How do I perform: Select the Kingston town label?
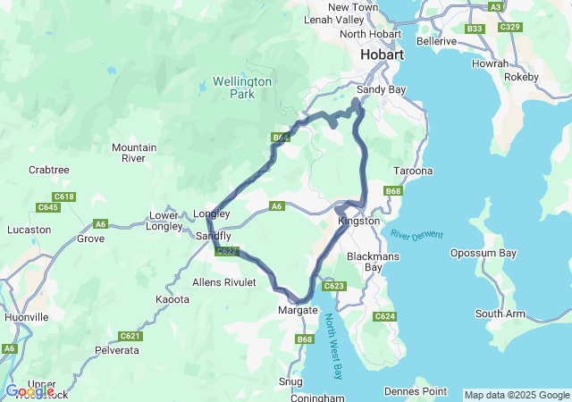click(x=359, y=221)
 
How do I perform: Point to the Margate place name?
click(x=298, y=310)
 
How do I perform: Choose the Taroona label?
click(x=413, y=171)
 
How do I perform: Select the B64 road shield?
click(x=282, y=138)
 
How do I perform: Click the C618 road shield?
click(x=63, y=197)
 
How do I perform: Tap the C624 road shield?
click(x=384, y=316)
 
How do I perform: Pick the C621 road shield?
click(x=130, y=336)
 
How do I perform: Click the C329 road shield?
click(x=510, y=28)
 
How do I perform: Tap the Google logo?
click(x=29, y=391)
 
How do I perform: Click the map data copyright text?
click(x=516, y=395)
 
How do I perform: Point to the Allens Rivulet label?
click(x=224, y=282)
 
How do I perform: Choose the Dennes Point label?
click(x=414, y=390)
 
